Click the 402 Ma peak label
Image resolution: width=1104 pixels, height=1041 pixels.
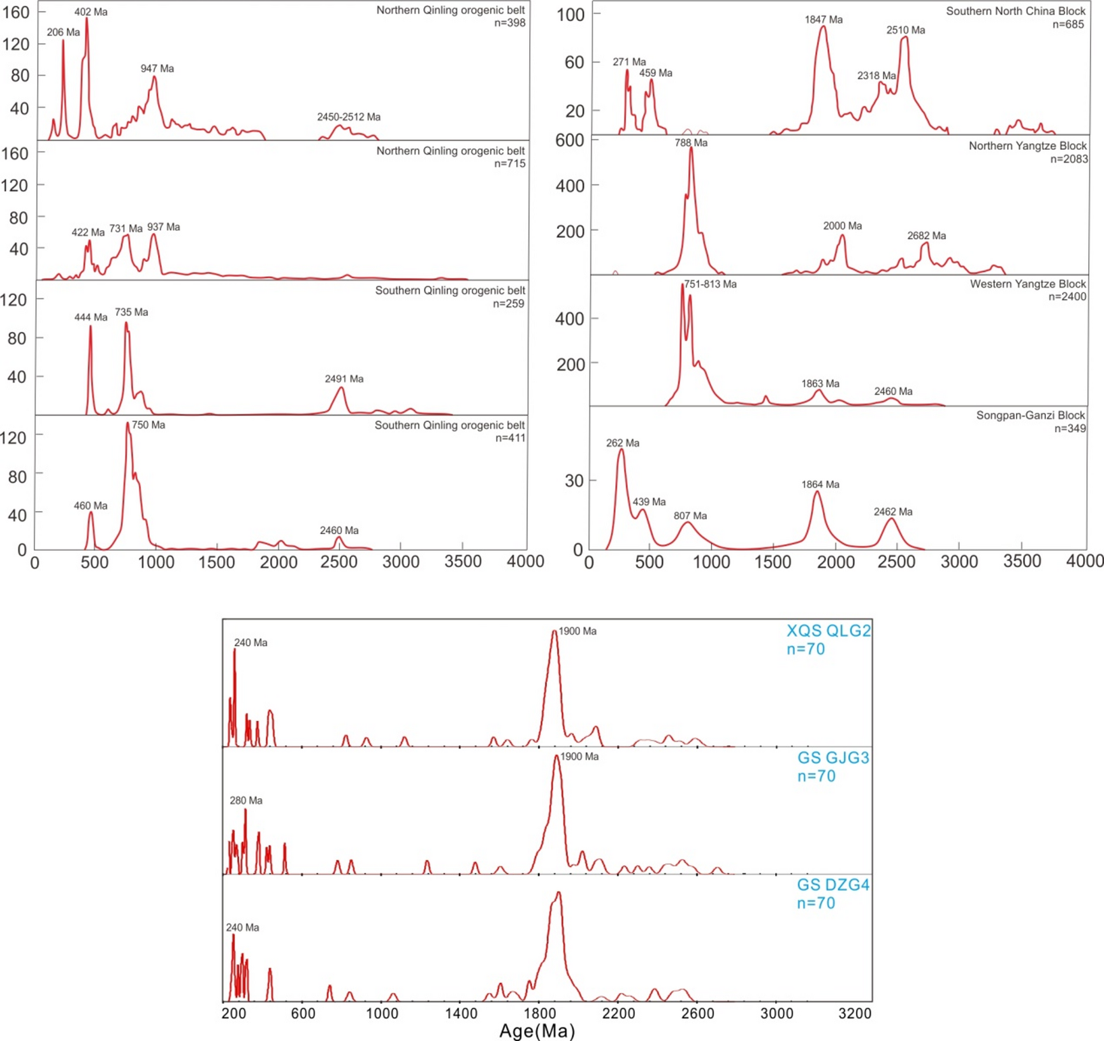91,12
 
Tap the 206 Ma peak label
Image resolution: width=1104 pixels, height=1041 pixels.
63,33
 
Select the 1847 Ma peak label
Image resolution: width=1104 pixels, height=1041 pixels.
824,20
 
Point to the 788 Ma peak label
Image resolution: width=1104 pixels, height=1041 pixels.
691,143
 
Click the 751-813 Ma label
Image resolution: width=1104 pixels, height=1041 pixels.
710,284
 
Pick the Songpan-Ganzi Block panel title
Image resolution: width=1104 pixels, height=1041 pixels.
1030,416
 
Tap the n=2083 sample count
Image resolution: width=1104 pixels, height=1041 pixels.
1068,159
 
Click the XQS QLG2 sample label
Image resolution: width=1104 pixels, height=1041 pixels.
828,631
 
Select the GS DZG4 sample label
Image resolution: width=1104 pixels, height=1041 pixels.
833,885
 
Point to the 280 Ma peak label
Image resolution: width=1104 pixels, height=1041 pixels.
246,801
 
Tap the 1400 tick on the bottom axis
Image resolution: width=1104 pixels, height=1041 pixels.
461,1014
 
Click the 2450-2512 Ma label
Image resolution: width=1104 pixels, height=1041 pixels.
349,117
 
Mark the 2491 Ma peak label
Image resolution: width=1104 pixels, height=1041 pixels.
344,379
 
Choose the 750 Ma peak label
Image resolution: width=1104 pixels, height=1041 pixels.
149,425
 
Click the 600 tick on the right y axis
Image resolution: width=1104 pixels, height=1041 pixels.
569,140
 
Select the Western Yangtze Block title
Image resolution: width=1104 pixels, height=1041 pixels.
1028,284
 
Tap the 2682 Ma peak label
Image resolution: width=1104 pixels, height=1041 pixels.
926,236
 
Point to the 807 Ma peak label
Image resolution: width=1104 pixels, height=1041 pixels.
690,516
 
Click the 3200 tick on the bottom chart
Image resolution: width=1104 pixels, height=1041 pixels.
855,1014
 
